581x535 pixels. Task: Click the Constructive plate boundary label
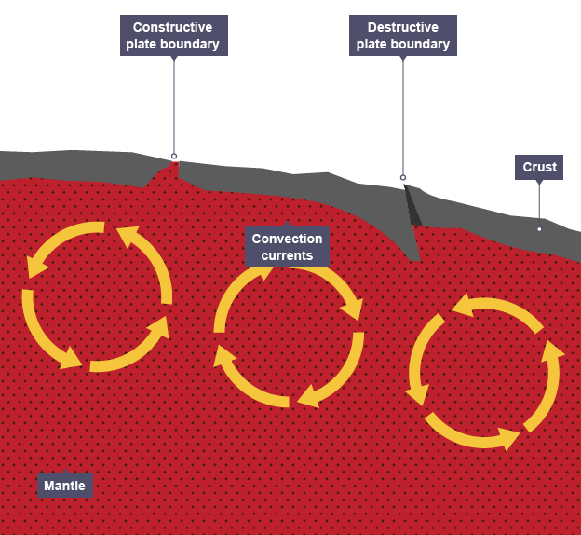[x=173, y=35]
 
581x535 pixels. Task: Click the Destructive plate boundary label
[x=402, y=35]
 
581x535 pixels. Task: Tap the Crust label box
[x=539, y=168]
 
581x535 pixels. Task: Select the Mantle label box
[x=64, y=486]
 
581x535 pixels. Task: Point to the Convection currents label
[x=287, y=247]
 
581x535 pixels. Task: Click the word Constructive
[x=173, y=27]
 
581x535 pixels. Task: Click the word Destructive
[x=403, y=27]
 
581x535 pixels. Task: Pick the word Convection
[x=287, y=239]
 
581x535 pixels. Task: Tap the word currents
[x=287, y=255]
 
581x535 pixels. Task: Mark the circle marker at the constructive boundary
[x=173, y=157]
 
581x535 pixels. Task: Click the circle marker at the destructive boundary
[x=403, y=177]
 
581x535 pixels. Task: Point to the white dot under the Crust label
[x=539, y=228]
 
